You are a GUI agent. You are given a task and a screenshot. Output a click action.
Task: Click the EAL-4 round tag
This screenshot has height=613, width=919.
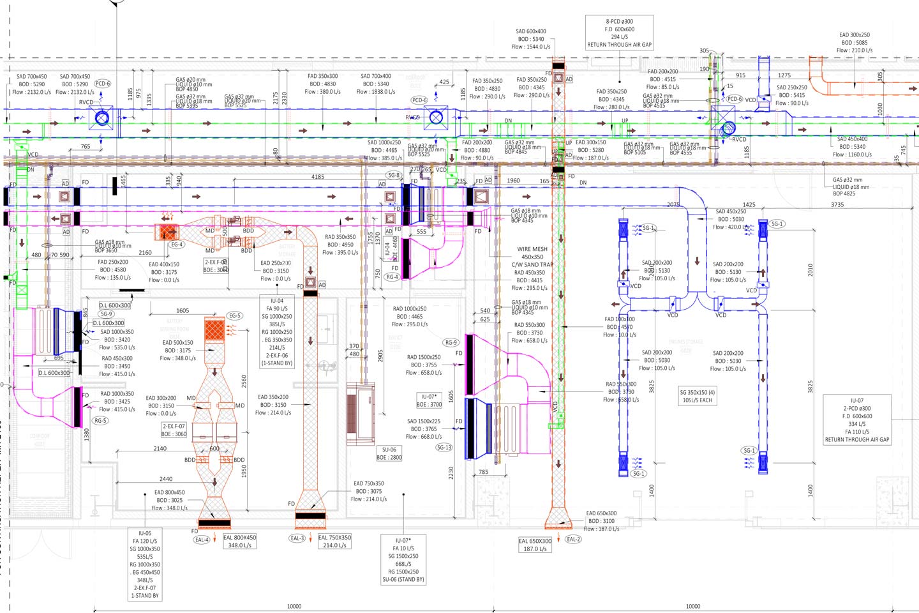202,540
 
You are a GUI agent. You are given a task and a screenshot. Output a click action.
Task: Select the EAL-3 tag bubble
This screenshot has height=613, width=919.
297,538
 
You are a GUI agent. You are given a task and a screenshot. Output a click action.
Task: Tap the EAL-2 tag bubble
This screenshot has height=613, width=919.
573,539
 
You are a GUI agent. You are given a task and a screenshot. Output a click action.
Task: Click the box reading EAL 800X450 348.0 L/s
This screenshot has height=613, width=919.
240,541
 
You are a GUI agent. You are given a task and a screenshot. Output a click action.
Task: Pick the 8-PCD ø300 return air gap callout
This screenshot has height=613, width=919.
619,33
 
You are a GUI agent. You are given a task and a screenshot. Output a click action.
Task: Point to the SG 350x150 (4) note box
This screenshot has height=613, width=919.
697,397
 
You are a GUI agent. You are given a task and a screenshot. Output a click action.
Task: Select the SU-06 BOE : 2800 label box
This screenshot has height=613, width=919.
389,453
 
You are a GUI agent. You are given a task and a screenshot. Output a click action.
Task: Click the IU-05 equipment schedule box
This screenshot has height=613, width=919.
145,564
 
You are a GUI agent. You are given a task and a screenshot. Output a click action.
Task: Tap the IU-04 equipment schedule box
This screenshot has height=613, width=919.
277,332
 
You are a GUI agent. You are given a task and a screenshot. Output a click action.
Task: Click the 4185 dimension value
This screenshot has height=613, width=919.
317,177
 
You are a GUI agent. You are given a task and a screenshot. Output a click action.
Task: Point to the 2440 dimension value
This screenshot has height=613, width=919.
166,479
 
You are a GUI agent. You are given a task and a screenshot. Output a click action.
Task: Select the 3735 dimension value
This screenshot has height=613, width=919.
837,205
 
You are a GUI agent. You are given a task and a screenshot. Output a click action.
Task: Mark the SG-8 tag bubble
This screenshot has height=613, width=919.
394,175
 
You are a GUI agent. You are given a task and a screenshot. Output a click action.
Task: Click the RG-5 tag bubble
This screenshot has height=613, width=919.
100,421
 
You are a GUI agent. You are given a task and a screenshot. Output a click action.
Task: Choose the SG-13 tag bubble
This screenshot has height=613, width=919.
444,448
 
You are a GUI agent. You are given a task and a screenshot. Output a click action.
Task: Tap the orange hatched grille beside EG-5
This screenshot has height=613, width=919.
214,329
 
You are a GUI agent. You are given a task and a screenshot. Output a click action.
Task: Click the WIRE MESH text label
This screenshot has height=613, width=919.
532,249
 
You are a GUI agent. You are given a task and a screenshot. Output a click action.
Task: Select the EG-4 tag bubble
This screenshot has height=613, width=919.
177,245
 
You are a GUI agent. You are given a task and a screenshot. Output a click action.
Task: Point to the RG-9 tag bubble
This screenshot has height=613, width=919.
451,343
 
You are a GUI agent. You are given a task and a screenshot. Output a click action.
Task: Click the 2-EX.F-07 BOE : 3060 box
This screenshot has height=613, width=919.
174,430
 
